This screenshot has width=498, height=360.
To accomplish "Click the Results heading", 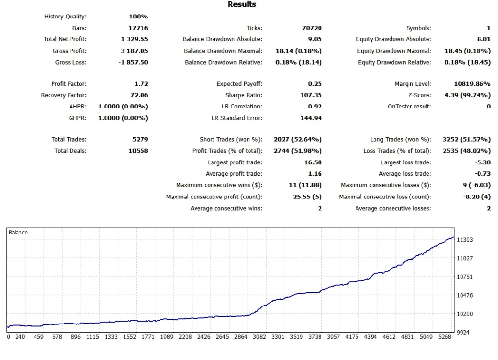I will (x=242, y=4).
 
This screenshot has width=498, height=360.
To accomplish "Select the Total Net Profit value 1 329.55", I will (x=135, y=39).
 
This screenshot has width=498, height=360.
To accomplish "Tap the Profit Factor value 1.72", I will (x=141, y=84).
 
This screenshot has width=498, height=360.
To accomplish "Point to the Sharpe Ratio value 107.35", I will (x=311, y=95).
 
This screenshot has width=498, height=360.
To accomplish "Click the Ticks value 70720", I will (x=312, y=28).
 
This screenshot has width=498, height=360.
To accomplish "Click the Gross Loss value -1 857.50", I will (x=134, y=62).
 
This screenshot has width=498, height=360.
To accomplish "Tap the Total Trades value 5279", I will (x=140, y=139).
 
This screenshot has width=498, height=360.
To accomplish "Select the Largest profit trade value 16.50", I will (x=313, y=162).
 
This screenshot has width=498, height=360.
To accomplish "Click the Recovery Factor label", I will (x=64, y=95).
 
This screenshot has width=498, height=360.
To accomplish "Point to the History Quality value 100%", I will (x=139, y=17).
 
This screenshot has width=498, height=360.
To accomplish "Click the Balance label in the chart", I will (x=18, y=233).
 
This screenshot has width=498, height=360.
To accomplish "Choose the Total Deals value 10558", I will (x=139, y=151).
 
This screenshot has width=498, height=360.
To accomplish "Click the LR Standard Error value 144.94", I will (x=311, y=118).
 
